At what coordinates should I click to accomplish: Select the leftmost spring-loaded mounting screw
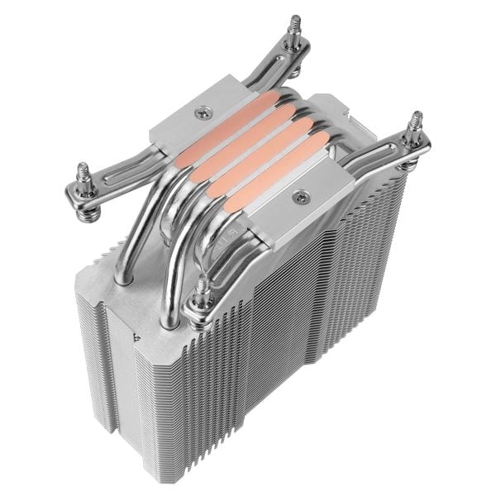(83, 178)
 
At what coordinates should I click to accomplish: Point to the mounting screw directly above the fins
(203, 291)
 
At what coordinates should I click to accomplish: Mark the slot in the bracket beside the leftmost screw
(112, 177)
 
